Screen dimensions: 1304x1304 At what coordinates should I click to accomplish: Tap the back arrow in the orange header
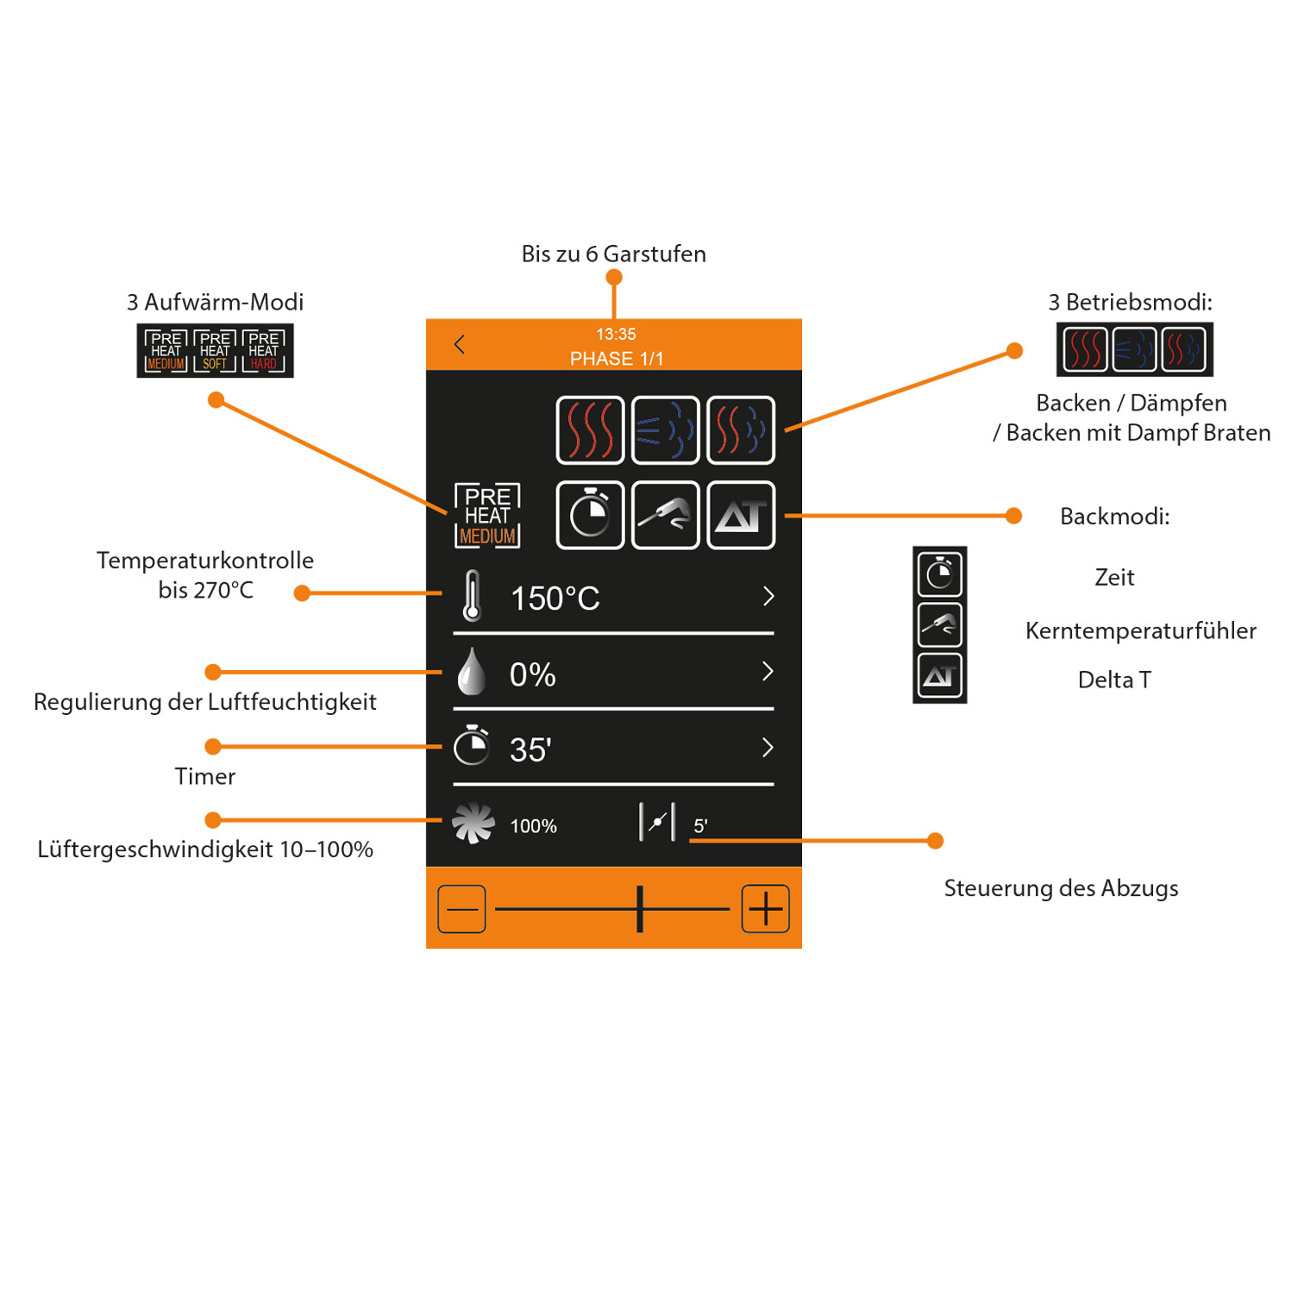(460, 345)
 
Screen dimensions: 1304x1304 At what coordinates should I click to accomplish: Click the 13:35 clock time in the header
(615, 334)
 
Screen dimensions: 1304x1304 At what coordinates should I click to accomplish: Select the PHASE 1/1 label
(616, 359)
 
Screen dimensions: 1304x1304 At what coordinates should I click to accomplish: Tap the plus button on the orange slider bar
(765, 908)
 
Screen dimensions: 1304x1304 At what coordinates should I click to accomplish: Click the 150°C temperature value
(555, 599)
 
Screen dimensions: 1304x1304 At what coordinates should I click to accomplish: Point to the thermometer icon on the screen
(472, 596)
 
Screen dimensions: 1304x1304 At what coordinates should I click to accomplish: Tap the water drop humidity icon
(471, 672)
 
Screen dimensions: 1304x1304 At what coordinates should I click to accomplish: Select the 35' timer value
(530, 749)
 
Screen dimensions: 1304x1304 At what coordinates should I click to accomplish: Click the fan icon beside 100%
(473, 824)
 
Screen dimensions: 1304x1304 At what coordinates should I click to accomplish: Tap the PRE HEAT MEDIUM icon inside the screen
(487, 516)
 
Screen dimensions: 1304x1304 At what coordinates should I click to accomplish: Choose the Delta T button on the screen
(741, 516)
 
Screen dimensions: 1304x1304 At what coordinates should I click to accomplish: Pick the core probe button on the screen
(665, 516)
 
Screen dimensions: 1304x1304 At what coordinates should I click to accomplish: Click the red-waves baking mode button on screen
(590, 430)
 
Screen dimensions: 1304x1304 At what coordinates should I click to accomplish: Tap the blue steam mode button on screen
(665, 430)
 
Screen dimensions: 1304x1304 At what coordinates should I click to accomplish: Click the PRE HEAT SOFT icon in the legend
(215, 351)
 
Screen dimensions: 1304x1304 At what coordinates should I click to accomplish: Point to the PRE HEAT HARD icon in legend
(264, 351)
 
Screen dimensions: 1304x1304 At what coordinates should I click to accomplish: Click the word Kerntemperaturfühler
(1140, 630)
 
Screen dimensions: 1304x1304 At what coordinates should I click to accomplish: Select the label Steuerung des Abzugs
(1061, 888)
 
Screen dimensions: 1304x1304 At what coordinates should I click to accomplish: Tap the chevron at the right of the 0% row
(768, 672)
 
